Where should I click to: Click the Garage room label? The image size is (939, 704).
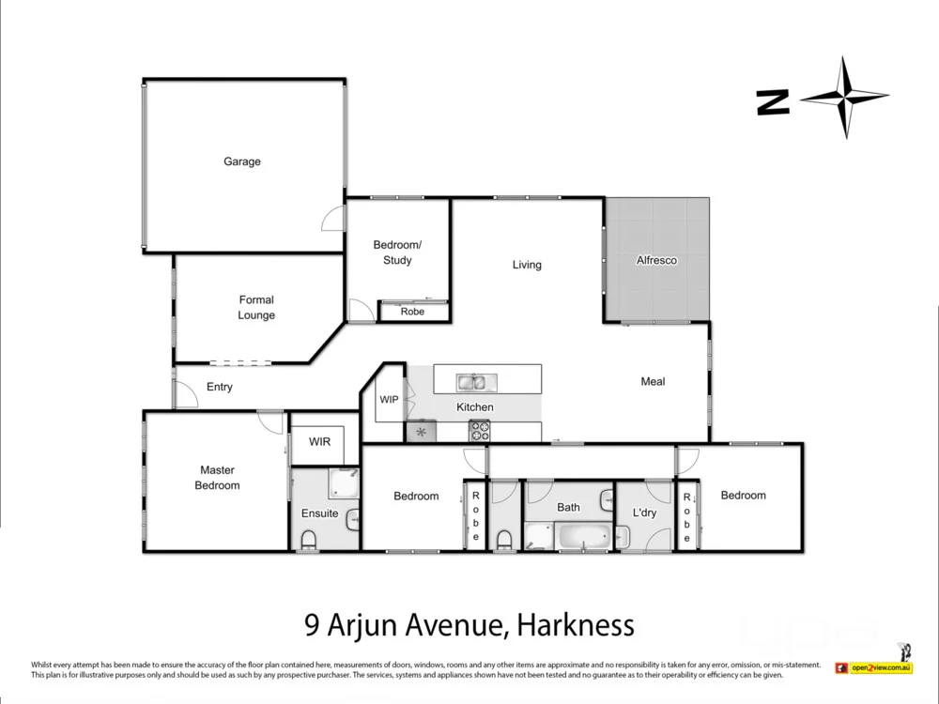[x=242, y=161]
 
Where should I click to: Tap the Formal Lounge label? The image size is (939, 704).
[x=256, y=308]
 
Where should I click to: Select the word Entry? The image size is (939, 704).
[x=220, y=387]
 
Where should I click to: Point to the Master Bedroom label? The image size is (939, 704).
[x=217, y=478]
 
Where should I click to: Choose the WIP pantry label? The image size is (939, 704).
[x=389, y=399]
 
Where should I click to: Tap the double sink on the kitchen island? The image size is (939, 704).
[x=472, y=382]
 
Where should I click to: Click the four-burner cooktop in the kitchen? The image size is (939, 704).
[x=479, y=431]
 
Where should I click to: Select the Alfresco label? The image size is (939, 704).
[x=656, y=260]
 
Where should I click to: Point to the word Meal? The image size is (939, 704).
[x=653, y=381]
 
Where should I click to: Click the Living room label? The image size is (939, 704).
[x=527, y=265]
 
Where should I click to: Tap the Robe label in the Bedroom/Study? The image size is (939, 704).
[x=412, y=312]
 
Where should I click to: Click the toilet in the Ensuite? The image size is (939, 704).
[x=307, y=539]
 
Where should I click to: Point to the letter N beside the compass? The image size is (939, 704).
[x=773, y=102]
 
